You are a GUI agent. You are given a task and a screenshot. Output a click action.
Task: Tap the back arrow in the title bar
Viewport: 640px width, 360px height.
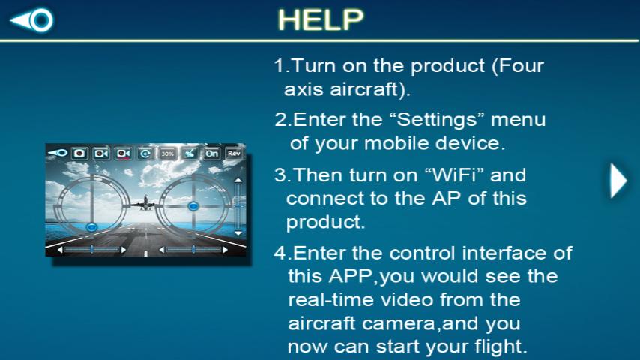(x=32, y=20)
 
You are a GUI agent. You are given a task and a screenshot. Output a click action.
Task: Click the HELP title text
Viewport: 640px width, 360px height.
(x=320, y=20)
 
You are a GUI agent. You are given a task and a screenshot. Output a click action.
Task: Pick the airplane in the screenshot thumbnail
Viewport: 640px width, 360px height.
(x=145, y=202)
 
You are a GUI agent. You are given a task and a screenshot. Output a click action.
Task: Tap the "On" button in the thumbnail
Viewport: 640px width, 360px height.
(x=212, y=153)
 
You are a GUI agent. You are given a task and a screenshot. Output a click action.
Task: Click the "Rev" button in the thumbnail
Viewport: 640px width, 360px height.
(x=235, y=153)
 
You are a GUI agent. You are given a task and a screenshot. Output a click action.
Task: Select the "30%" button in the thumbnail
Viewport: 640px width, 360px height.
(x=167, y=153)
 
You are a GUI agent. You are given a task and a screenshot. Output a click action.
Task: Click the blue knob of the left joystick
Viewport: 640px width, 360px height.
(x=91, y=226)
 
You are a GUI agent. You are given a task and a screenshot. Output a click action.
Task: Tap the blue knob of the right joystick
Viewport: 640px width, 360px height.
(x=193, y=205)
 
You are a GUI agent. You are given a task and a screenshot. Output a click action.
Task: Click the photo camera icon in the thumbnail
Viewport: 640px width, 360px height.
(x=79, y=153)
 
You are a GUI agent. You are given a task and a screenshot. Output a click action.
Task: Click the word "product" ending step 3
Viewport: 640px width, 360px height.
(x=325, y=223)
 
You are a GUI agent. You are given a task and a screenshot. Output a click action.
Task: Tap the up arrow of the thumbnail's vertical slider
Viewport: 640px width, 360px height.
(x=238, y=180)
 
